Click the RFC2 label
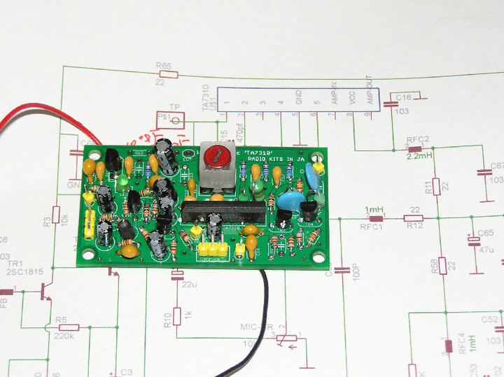pos(418,139)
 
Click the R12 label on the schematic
pos(414,226)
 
